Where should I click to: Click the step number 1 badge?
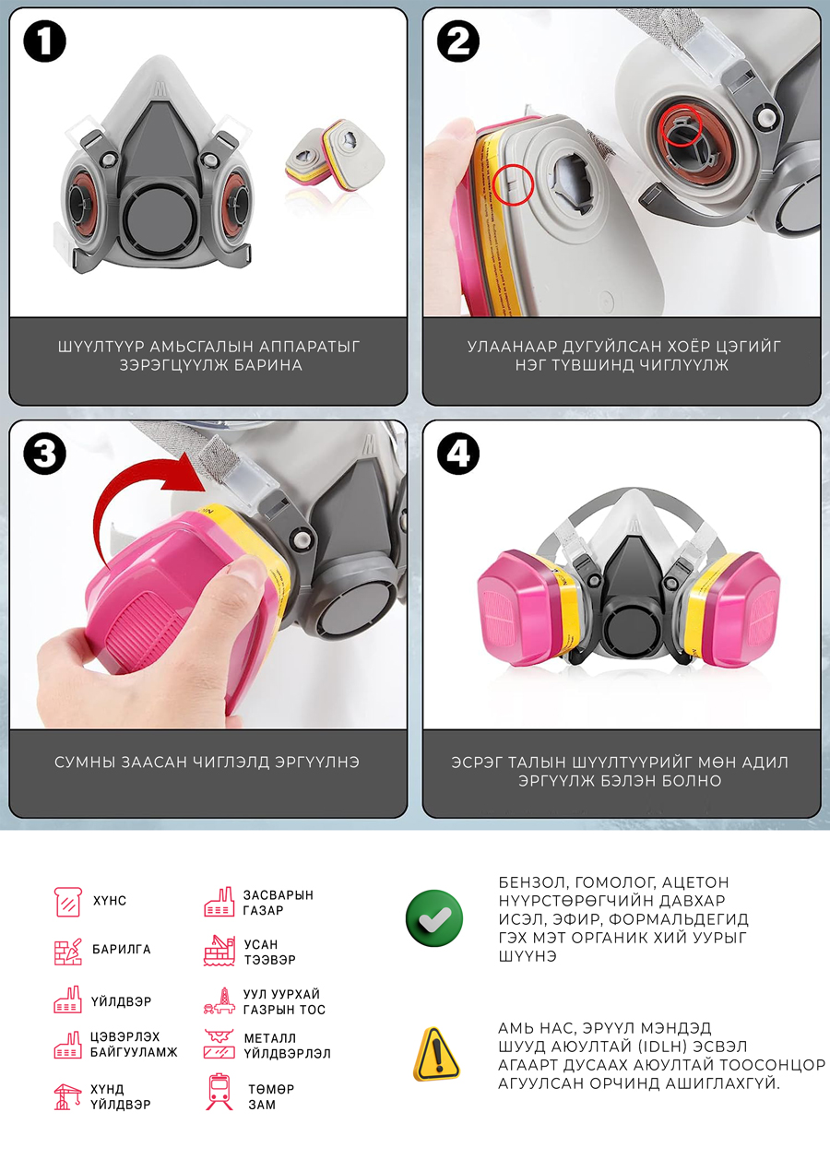tap(45, 41)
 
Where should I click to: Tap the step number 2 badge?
tap(458, 41)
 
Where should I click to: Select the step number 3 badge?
tap(45, 454)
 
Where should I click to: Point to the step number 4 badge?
tap(458, 454)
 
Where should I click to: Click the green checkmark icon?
tap(434, 917)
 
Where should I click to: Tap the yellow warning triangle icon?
tap(437, 1053)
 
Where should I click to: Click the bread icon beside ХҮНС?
tap(68, 901)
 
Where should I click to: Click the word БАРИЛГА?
tap(122, 949)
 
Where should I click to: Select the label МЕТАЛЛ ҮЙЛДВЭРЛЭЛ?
tap(287, 1045)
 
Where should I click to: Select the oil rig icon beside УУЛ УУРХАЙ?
tap(219, 1000)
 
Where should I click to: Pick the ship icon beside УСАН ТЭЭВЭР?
tap(219, 951)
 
